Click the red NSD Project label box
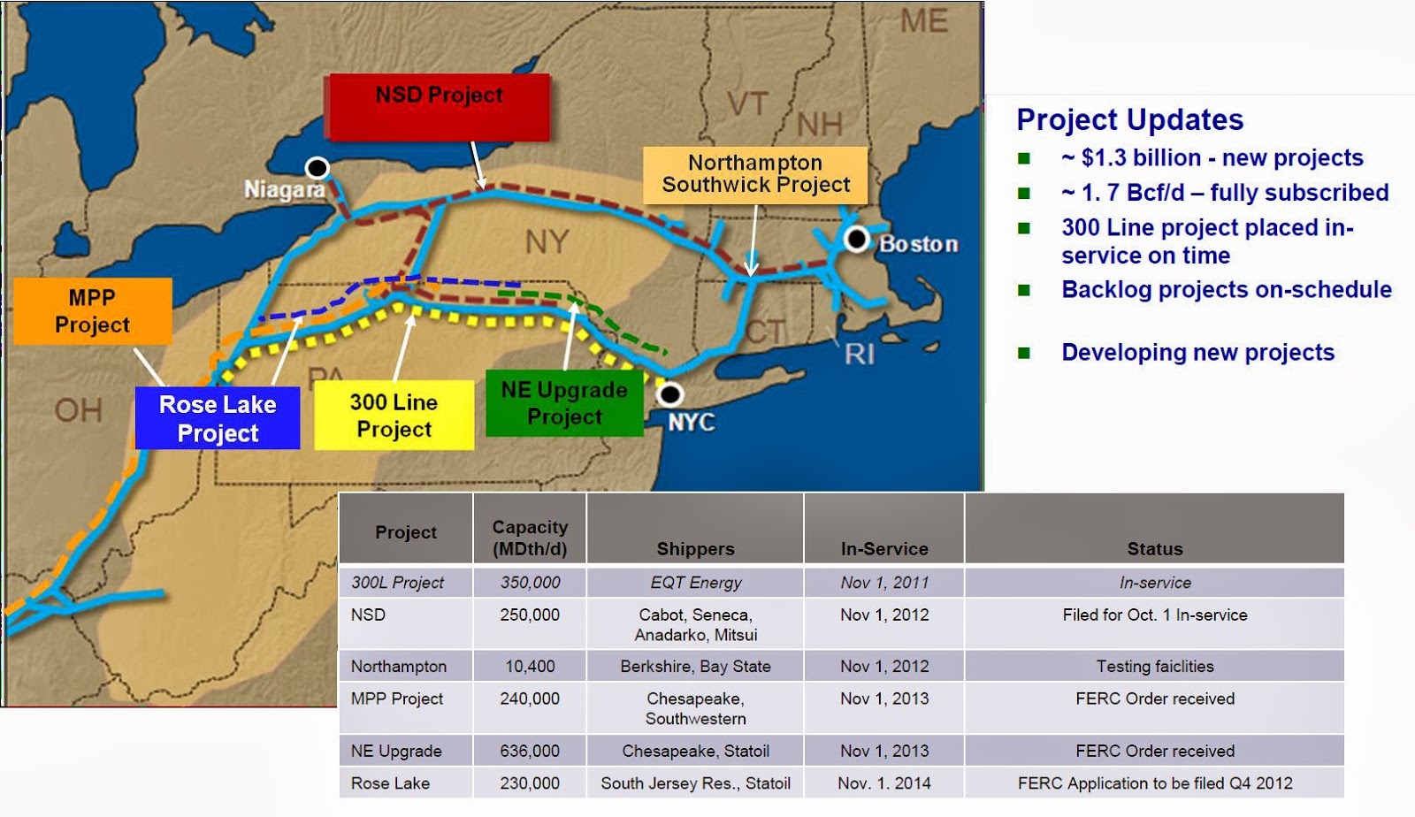coord(439,107)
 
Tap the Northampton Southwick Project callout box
coord(755,174)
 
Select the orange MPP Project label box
coord(92,311)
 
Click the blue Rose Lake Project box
coord(218,418)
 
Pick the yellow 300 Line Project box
coord(394,416)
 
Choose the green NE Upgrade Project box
coord(564,403)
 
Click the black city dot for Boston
coord(856,239)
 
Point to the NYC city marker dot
coord(670,393)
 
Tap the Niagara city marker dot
coord(317,168)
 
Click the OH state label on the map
coord(78,410)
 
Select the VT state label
coord(748,104)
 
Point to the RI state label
coord(859,355)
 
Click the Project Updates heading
coord(1129,119)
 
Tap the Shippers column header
coord(695,548)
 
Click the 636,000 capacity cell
coord(530,751)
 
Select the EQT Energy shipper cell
coord(695,583)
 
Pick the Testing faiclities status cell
coord(1154,667)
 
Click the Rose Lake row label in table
coord(390,783)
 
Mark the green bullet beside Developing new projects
coord(1024,353)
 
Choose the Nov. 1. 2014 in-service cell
coord(883,783)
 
